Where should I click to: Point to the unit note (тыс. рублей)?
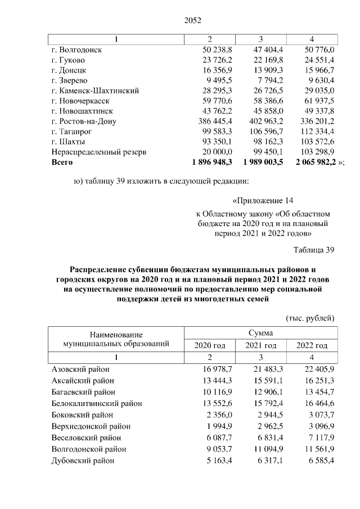tap(310, 318)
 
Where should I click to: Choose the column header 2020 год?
tap(209, 345)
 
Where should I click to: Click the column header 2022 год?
tap(312, 345)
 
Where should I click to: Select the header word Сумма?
tap(260, 334)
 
